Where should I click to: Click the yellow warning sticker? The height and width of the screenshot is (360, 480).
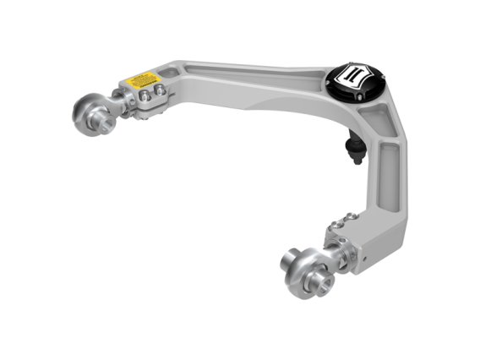pyautogui.click(x=144, y=80)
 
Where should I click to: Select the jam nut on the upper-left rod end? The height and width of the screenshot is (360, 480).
pyautogui.click(x=121, y=105)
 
